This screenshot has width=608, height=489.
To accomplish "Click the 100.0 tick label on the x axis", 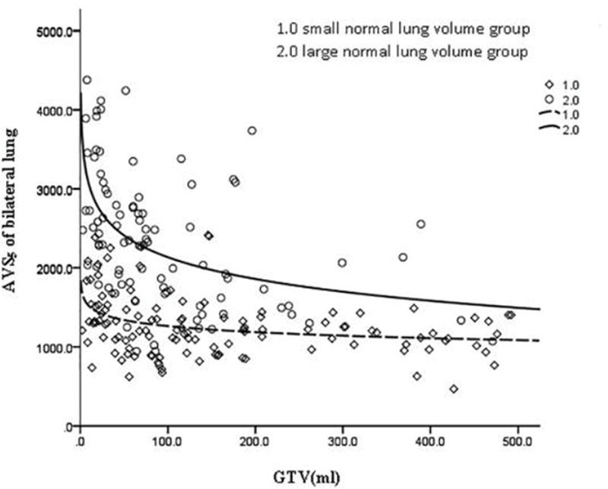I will pos(166,440).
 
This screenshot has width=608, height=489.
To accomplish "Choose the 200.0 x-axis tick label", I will pos(253,440).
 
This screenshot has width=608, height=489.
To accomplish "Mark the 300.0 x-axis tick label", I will pos(340,440).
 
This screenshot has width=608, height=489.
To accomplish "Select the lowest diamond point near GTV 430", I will pos(454,389).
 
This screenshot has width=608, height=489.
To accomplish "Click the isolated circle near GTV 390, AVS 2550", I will pos(420,224).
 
